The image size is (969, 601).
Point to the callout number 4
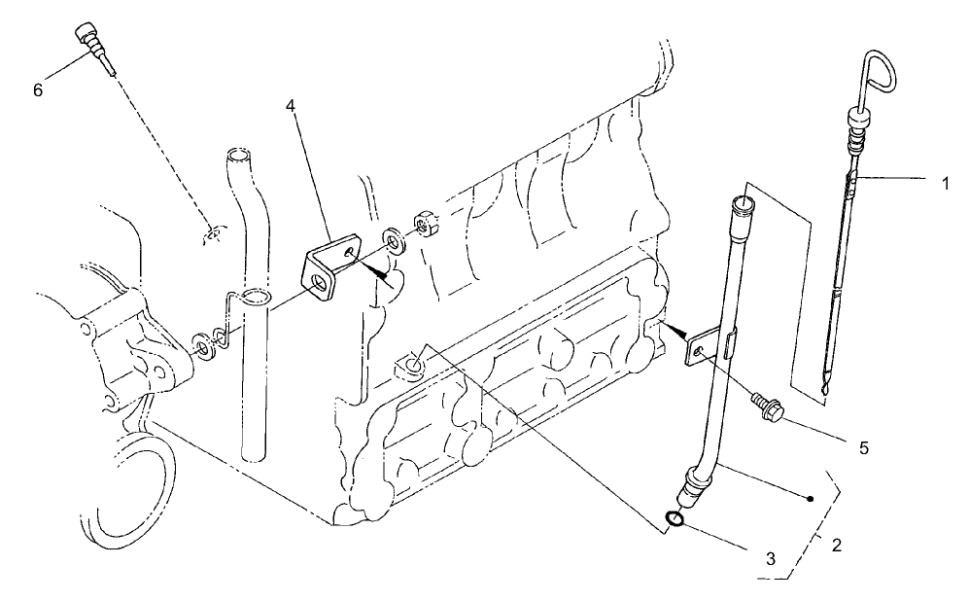click(x=292, y=105)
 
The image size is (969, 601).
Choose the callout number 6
click(x=38, y=89)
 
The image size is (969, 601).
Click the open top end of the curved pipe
click(x=238, y=156)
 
